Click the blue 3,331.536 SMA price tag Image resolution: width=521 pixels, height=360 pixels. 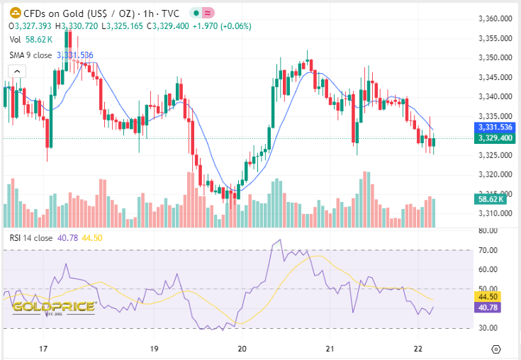[494, 127]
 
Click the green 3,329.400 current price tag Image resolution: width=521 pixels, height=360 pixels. [494, 137]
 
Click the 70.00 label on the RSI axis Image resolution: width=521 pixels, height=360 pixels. [487, 250]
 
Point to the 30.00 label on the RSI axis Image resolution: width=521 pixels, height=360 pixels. [487, 328]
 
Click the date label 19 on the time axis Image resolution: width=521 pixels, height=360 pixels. [155, 349]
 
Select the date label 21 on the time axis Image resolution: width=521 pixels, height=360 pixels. [330, 349]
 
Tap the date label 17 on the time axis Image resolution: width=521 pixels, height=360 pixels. [43, 349]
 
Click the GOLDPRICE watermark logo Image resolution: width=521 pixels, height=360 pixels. [53, 307]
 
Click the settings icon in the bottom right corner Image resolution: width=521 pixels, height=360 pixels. [495, 349]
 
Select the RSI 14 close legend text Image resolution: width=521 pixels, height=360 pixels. [30, 238]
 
